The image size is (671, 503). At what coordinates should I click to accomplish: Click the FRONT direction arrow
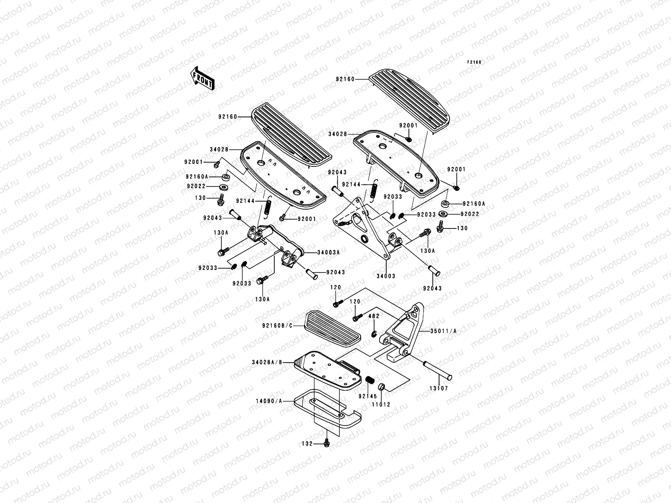tap(202, 78)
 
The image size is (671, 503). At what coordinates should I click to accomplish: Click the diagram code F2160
tap(474, 62)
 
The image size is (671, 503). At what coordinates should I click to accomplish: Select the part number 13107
tap(439, 389)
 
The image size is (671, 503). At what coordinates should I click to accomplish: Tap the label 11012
tap(381, 404)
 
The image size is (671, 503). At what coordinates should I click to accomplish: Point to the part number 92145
tap(368, 396)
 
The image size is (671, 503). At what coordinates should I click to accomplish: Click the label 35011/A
tap(443, 331)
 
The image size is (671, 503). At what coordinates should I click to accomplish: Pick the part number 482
tap(374, 316)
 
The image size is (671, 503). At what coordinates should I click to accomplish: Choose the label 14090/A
tap(269, 401)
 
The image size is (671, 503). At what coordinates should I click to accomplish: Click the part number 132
tap(307, 444)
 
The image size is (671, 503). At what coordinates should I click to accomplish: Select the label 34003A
tap(328, 253)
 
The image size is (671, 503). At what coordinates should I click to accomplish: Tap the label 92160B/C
tap(277, 326)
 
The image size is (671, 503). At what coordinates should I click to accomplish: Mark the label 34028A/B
tap(267, 363)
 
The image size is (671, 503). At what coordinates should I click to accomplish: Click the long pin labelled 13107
tap(437, 370)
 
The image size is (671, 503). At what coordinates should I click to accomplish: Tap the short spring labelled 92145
tap(370, 380)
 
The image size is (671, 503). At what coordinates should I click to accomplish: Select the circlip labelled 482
tap(374, 334)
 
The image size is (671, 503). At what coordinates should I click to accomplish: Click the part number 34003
tap(386, 276)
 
